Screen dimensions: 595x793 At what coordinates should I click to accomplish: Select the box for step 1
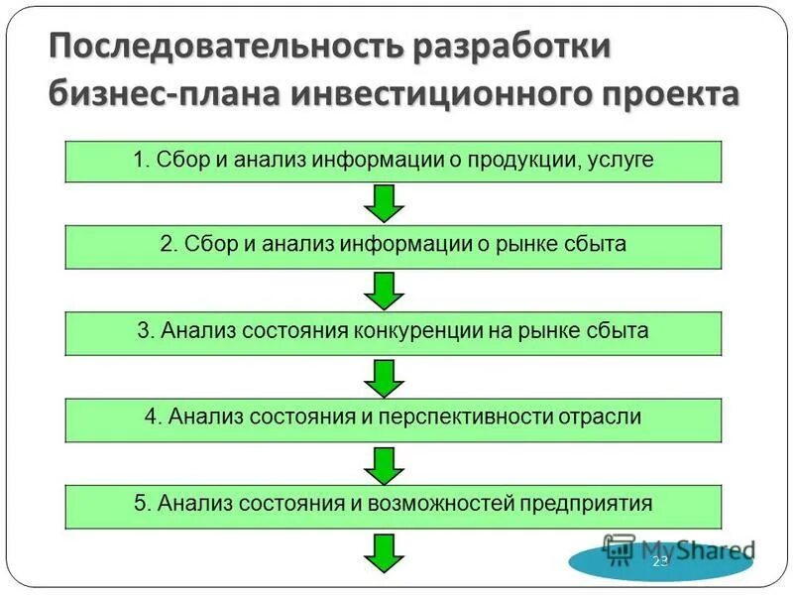[x=394, y=161]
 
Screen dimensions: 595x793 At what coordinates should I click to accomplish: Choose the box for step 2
[x=394, y=246]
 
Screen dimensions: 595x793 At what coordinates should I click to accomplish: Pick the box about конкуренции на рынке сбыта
[x=394, y=332]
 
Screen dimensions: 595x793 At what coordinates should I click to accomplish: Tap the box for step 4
[x=394, y=418]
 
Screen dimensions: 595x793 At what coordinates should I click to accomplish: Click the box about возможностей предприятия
[x=394, y=505]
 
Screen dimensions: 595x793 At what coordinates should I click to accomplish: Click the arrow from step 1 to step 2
[x=384, y=203]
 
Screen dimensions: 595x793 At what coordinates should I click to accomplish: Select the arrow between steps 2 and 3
[x=384, y=290]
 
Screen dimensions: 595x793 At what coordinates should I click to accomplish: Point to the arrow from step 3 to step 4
[x=384, y=376]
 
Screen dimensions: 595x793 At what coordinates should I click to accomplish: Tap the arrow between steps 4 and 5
[x=384, y=462]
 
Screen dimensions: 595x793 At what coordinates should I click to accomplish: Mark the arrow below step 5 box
[x=384, y=550]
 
